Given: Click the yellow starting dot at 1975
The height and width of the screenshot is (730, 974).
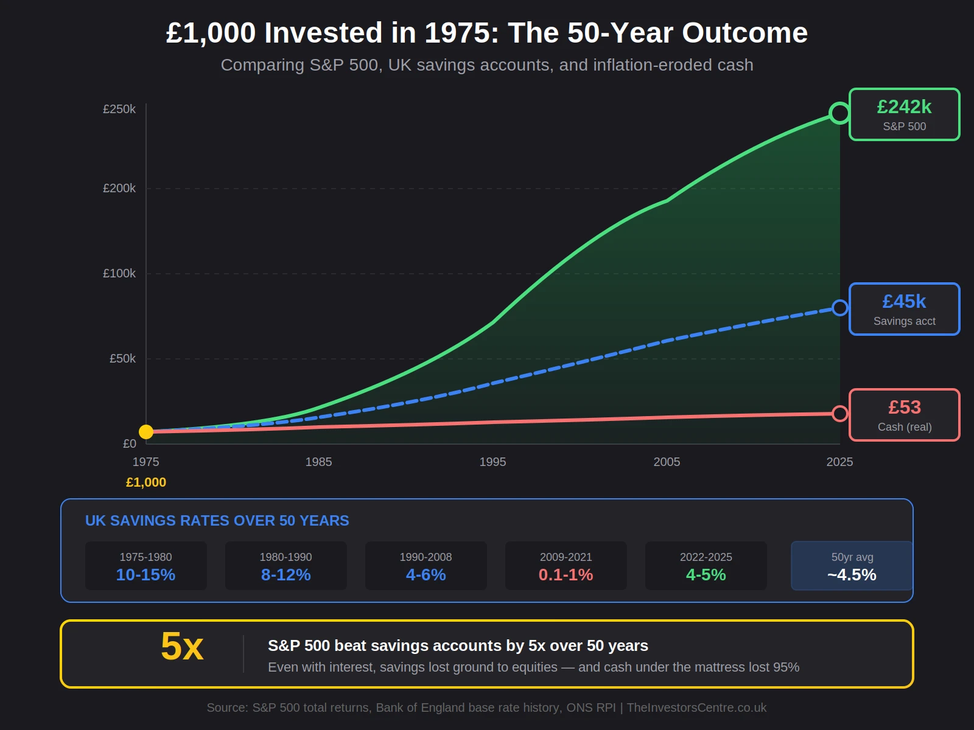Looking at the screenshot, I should pyautogui.click(x=146, y=432).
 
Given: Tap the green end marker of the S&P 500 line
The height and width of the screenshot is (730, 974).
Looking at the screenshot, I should pyautogui.click(x=839, y=113).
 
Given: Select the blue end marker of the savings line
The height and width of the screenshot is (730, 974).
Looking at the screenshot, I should pyautogui.click(x=839, y=308).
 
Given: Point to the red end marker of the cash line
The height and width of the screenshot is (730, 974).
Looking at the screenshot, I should pyautogui.click(x=839, y=414).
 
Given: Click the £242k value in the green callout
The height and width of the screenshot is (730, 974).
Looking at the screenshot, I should pyautogui.click(x=904, y=107).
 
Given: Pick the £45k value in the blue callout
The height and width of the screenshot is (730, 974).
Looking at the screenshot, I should pyautogui.click(x=904, y=302).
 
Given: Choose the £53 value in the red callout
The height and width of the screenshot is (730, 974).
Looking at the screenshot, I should pyautogui.click(x=904, y=408).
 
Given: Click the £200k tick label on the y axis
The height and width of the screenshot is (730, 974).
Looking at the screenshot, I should pyautogui.click(x=119, y=189).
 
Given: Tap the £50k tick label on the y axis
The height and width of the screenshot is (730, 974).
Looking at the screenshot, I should pyautogui.click(x=122, y=359).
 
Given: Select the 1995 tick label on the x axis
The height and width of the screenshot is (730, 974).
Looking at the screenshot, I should pyautogui.click(x=492, y=462).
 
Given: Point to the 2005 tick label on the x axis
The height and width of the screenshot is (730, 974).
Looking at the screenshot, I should pyautogui.click(x=667, y=462).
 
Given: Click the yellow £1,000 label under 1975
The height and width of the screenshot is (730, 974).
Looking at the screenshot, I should pyautogui.click(x=146, y=482).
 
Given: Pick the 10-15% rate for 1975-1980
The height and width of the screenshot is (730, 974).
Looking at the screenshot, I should pyautogui.click(x=146, y=575).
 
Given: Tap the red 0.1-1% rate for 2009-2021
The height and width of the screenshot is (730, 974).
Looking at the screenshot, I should pyautogui.click(x=566, y=575).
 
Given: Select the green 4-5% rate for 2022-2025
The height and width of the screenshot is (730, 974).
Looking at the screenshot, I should pyautogui.click(x=706, y=575).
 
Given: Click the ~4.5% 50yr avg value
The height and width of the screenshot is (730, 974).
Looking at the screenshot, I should pyautogui.click(x=852, y=575).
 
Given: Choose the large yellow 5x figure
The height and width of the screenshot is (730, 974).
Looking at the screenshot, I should pyautogui.click(x=182, y=647).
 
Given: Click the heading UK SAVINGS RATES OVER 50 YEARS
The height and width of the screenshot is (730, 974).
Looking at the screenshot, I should pyautogui.click(x=217, y=521).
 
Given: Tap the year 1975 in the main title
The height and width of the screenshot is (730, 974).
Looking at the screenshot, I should pyautogui.click(x=461, y=33).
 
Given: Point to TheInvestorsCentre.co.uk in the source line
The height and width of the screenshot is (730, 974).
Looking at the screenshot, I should pyautogui.click(x=696, y=707).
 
